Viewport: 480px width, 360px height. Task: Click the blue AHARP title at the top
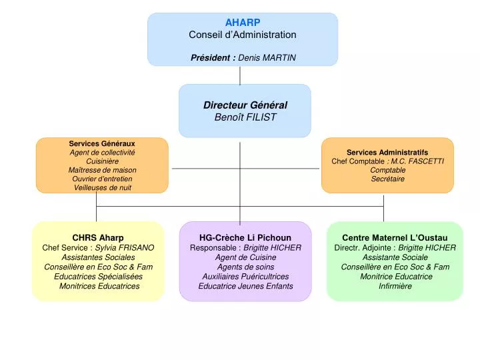[242, 22]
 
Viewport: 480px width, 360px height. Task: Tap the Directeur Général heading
[245, 105]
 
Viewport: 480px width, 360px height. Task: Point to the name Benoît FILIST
[245, 117]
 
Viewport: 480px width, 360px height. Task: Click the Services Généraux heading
[102, 143]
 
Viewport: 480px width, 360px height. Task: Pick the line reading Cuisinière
[102, 161]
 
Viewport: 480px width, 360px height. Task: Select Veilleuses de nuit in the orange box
[102, 187]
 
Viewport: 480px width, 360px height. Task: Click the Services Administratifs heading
[387, 152]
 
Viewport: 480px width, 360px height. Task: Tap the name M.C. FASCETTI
[417, 161]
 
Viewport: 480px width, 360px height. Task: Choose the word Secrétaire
[387, 179]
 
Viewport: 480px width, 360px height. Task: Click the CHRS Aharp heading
[98, 237]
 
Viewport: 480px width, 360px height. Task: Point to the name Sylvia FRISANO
[125, 247]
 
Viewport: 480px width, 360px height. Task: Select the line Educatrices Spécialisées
[98, 276]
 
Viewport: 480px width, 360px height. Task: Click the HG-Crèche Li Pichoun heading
[245, 237]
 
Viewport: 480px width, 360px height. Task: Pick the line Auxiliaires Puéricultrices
[245, 276]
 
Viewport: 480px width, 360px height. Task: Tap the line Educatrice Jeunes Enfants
[245, 286]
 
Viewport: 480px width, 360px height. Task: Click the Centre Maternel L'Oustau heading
[395, 237]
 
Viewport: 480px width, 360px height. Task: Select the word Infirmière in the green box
[395, 286]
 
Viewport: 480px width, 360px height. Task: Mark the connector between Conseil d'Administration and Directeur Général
[240, 75]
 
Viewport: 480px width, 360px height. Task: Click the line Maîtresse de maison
[102, 170]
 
